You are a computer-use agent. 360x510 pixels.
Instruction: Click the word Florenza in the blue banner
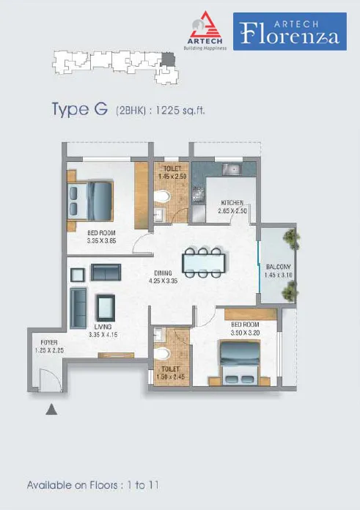pyautogui.click(x=290, y=34)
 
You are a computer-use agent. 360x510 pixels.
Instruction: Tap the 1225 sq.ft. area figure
pyautogui.click(x=180, y=111)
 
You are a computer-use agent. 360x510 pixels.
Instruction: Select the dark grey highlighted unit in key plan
pyautogui.click(x=169, y=60)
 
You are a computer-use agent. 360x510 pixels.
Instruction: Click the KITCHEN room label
pyautogui.click(x=232, y=203)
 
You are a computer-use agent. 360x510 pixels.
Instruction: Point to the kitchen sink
pyautogui.click(x=231, y=169)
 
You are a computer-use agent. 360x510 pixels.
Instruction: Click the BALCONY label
pyautogui.click(x=279, y=267)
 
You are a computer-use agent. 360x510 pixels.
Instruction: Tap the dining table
pyautogui.click(x=204, y=263)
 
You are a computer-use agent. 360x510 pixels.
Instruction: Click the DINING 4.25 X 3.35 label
pyautogui.click(x=163, y=277)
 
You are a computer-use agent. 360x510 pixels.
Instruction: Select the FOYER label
pyautogui.click(x=49, y=342)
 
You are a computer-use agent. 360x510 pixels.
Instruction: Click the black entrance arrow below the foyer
pyautogui.click(x=51, y=410)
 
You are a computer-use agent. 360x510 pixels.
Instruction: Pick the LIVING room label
pyautogui.click(x=103, y=327)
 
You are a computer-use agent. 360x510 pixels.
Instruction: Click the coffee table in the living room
pyautogui.click(x=106, y=308)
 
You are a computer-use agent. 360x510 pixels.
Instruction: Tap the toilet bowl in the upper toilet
pyautogui.click(x=162, y=196)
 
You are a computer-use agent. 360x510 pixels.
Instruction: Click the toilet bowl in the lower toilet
pyautogui.click(x=162, y=353)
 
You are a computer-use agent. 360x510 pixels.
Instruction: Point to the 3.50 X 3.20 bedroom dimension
pyautogui.click(x=245, y=333)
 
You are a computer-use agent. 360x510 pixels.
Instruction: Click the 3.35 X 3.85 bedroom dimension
pyautogui.click(x=102, y=241)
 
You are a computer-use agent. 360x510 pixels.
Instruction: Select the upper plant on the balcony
pyautogui.click(x=291, y=239)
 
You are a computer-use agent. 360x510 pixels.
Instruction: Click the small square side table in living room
pyautogui.click(x=78, y=275)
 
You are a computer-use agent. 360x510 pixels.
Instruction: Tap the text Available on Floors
pyautogui.click(x=73, y=485)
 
